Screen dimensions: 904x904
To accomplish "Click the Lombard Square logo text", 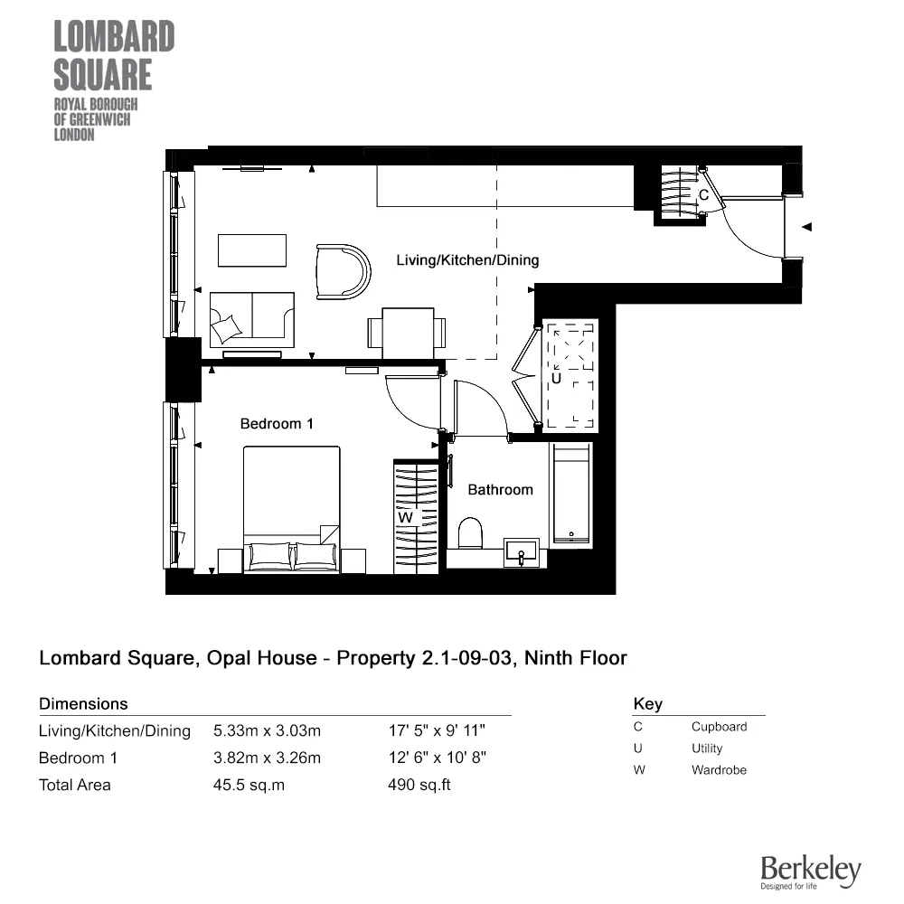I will point(114,55).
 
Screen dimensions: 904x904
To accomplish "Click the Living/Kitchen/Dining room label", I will point(467,260).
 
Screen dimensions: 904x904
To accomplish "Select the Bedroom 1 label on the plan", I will point(276,423).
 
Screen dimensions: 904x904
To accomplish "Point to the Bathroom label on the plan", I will point(500,489).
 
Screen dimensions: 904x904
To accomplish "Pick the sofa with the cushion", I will point(251,319).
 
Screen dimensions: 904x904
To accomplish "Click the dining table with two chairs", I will point(407,332).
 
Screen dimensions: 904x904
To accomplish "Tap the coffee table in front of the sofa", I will point(251,250).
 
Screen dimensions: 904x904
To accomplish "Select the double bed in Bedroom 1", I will point(291,509).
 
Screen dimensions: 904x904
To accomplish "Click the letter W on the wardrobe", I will point(406,517).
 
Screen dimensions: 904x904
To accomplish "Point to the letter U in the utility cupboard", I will point(556,379).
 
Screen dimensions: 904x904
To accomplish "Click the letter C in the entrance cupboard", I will point(702,194).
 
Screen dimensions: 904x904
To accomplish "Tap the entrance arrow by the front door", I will point(808,227).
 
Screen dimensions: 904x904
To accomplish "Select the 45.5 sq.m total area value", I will point(249,785).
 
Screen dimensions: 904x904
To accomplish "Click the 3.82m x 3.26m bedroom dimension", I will point(267,758).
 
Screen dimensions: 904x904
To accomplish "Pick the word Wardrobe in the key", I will point(719,770).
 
